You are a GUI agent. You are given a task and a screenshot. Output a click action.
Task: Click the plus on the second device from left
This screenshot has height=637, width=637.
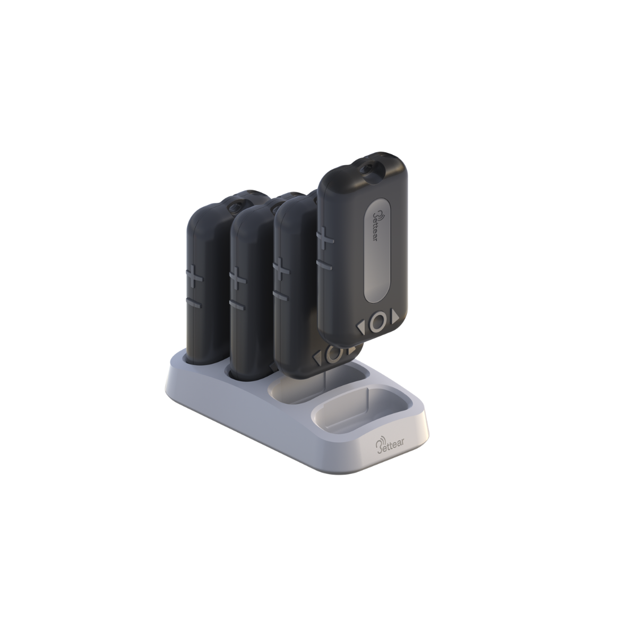[x=238, y=277]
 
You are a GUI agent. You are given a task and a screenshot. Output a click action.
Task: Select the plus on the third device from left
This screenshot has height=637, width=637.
[x=282, y=271]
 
